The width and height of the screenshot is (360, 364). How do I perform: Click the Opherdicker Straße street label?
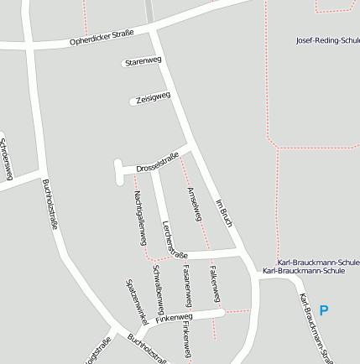101,38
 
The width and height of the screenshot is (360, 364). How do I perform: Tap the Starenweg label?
142,61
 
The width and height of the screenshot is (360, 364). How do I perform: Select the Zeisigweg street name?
152,98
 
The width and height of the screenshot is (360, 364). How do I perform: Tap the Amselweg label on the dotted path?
195,204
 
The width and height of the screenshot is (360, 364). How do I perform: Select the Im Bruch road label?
222,214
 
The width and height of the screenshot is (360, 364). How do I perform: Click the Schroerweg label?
7,157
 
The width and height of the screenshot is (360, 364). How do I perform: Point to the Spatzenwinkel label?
136,303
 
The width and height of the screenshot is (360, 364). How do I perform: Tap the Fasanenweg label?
187,288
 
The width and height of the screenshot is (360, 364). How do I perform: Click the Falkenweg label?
216,286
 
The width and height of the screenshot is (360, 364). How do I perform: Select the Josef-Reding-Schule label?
327,39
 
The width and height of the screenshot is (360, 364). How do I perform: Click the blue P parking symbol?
324,310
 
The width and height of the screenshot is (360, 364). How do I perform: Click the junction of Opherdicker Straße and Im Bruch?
152,29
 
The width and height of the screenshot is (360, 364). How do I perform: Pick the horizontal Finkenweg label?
174,318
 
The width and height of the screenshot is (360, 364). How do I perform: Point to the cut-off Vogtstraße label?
98,351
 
